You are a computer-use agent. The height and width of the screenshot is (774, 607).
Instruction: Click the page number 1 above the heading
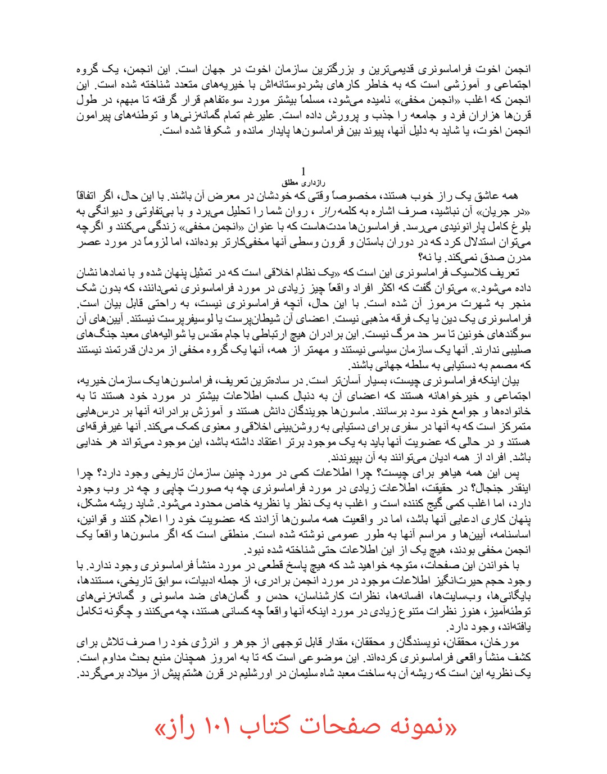click(303, 171)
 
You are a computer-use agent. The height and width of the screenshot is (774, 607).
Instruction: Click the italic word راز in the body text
click(328, 212)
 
